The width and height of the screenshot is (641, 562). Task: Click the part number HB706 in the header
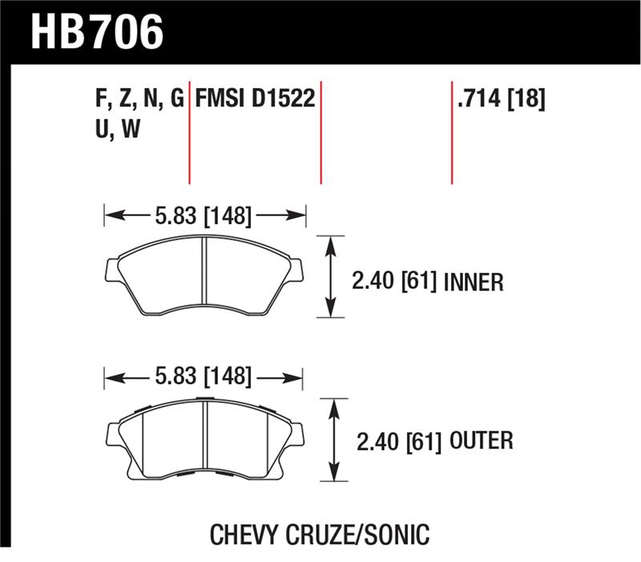[96, 33]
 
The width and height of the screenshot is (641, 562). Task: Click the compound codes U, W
[117, 130]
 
